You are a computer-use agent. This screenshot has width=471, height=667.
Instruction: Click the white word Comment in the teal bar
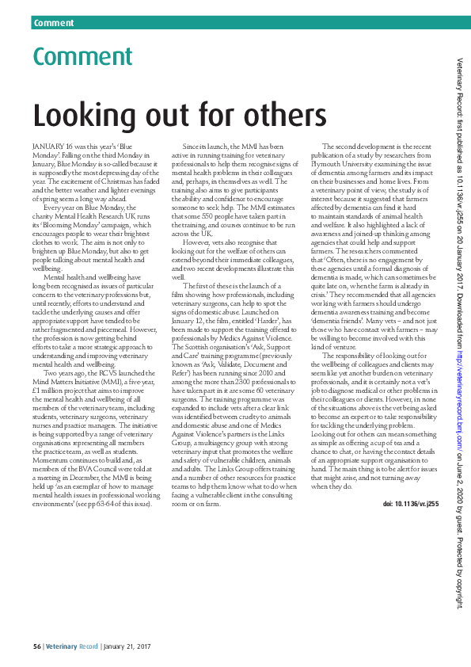pos(54,23)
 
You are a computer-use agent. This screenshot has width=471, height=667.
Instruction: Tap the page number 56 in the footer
pos(36,647)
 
